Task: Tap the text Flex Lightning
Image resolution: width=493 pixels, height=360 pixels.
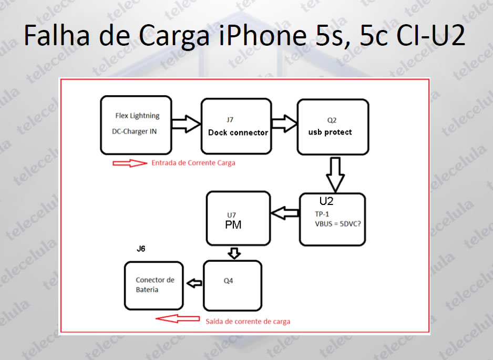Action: coord(137,116)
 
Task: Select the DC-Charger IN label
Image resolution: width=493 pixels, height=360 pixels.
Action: coord(134,131)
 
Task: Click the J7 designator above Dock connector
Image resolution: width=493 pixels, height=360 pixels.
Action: coord(230,120)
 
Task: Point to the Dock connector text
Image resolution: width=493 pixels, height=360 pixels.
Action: coord(238,132)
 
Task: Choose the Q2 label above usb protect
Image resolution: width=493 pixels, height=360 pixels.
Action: coord(332,120)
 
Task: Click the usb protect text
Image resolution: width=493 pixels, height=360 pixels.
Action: coord(330,132)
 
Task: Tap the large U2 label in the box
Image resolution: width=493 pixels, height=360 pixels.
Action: coord(326,201)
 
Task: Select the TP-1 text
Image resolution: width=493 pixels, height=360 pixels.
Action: coord(322,214)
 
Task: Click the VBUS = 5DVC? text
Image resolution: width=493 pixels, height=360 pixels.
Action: coord(338,224)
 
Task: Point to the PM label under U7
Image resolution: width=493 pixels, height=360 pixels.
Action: coord(233,225)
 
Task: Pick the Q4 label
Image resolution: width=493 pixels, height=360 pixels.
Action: coord(228,281)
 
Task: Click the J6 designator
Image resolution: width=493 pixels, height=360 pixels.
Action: coord(141,249)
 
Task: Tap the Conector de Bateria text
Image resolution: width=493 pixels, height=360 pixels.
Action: coord(155,284)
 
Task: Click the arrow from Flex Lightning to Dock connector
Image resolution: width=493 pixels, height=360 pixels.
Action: coord(186,124)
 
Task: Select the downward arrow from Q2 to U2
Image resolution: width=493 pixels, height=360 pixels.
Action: coord(335,175)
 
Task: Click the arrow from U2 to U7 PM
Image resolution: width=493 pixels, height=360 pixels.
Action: coord(285,213)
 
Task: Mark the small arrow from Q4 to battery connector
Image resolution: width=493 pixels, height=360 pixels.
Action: coord(194,283)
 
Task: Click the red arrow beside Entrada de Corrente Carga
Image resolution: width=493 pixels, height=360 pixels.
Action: coord(130,163)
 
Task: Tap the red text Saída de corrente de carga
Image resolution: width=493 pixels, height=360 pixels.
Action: coord(248,322)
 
